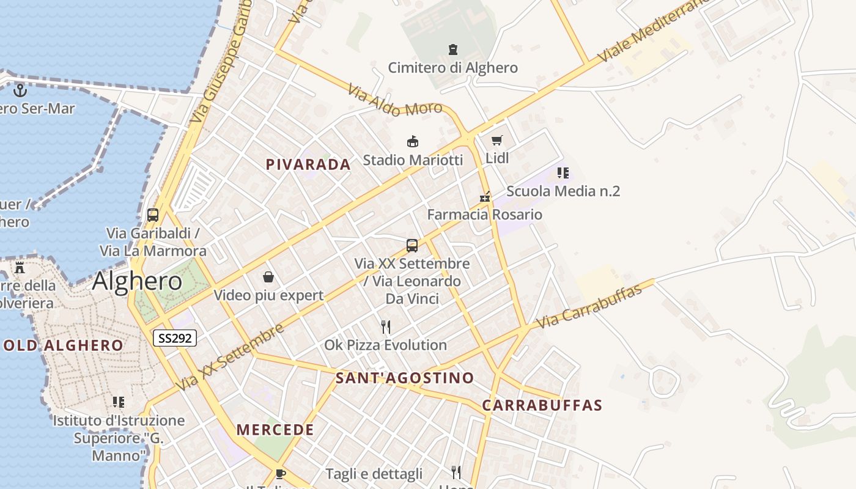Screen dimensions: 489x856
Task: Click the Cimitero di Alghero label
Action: pos(452,67)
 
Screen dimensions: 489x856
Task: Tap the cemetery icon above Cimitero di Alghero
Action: pos(453,50)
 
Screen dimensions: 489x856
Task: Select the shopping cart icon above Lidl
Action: pos(497,141)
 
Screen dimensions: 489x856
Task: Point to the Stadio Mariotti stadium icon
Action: pos(413,142)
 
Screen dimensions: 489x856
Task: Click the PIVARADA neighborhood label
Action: pos(308,164)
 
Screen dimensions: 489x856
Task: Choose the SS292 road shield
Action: pos(174,338)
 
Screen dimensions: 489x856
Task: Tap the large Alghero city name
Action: pos(138,281)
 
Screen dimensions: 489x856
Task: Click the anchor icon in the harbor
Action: pos(21,90)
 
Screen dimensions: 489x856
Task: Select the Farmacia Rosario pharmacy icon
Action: pos(485,197)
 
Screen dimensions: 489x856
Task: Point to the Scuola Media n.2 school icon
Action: pos(563,173)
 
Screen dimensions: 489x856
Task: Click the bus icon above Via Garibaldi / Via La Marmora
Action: pos(153,215)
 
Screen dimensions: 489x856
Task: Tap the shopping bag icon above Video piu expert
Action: pos(268,277)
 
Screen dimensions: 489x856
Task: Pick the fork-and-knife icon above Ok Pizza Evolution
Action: pos(386,327)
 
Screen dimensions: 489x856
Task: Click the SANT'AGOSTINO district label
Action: pos(405,378)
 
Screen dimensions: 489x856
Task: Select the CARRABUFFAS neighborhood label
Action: pos(542,405)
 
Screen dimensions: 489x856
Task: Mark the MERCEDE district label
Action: pos(275,430)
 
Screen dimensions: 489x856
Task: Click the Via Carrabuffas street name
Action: pos(590,306)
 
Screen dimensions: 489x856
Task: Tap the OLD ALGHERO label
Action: pos(64,345)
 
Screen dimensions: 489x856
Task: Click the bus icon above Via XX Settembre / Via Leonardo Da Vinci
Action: pos(412,246)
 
